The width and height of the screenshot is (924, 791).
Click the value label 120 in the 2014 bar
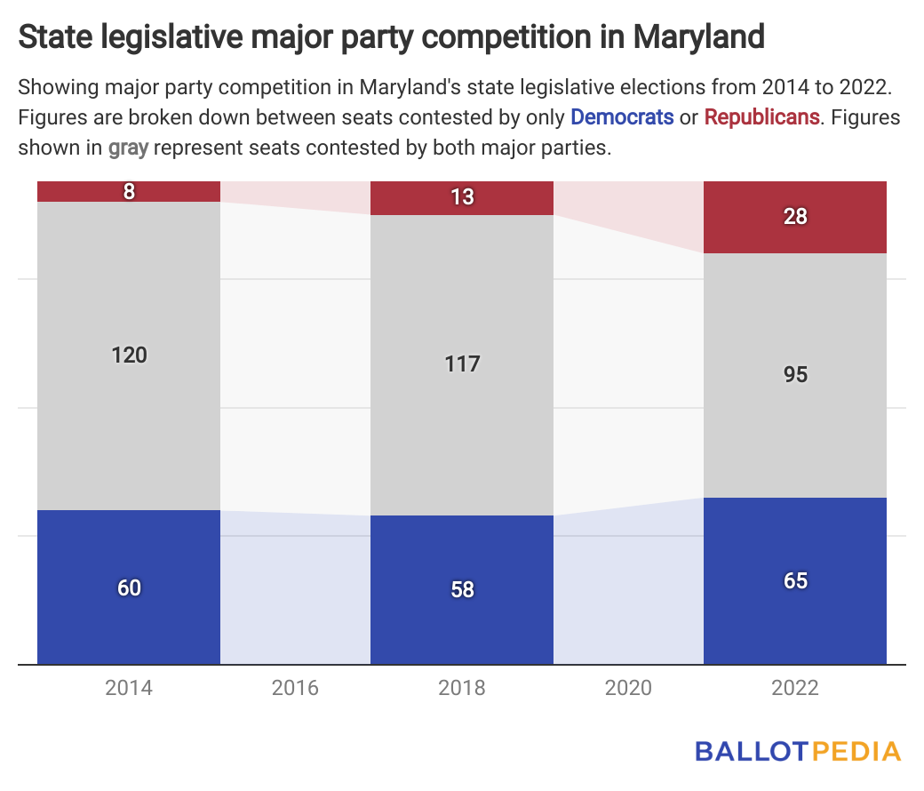(x=129, y=356)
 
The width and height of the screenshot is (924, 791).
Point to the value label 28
(x=795, y=216)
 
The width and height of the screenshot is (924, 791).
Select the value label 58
(x=462, y=589)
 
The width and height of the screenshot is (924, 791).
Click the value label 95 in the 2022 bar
(x=795, y=374)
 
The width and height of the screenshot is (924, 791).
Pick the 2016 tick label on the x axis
(x=295, y=688)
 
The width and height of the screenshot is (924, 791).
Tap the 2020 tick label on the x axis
(x=628, y=688)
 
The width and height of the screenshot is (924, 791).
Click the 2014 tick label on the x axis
(x=129, y=688)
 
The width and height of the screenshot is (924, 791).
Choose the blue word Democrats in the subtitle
(x=622, y=116)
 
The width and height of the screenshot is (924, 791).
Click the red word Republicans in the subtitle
(x=761, y=116)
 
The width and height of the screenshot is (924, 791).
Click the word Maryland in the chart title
(x=698, y=38)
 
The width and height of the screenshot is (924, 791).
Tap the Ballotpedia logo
(x=798, y=751)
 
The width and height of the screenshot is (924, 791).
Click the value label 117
(x=462, y=364)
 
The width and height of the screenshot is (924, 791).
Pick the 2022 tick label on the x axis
(x=795, y=688)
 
